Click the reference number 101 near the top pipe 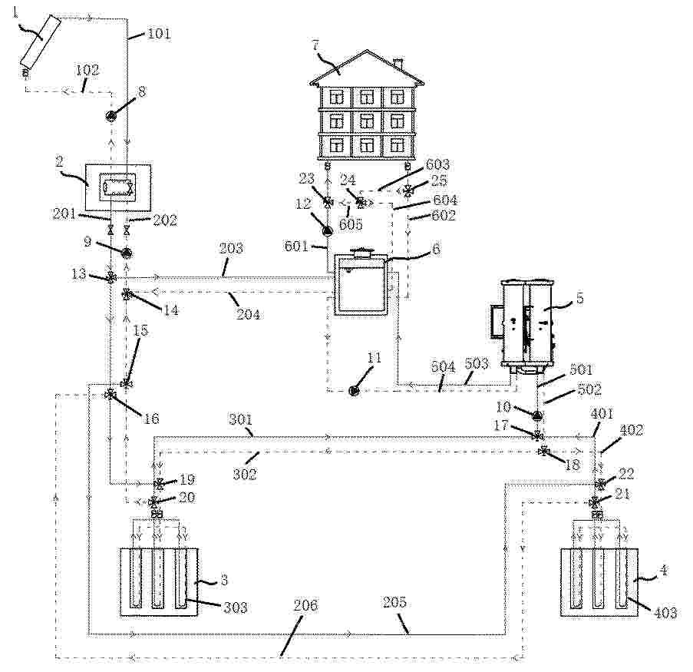pos(158,34)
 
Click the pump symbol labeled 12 pos(328,229)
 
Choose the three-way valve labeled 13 pos(111,278)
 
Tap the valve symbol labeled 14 pos(127,293)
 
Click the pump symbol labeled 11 pos(353,391)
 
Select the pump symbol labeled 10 pos(538,415)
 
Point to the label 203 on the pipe pos(231,248)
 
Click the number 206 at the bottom pos(305,604)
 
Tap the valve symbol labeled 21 pos(595,502)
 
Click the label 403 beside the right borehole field pos(666,612)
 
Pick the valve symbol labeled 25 pos(408,191)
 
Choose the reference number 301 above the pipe pos(240,419)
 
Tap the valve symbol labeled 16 pos(110,395)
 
